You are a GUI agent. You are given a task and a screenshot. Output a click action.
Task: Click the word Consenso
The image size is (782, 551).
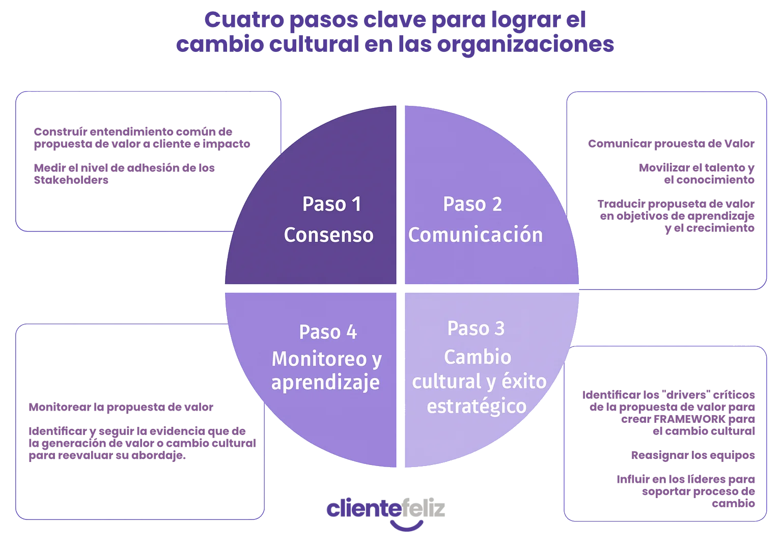[328, 235]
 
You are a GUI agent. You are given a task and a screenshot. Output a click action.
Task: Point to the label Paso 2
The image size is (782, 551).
[472, 204]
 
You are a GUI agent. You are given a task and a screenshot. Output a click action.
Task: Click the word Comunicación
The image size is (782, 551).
[476, 235]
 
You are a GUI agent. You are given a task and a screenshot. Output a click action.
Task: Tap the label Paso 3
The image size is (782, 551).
[476, 328]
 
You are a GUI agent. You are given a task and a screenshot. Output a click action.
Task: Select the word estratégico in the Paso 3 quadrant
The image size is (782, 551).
[477, 406]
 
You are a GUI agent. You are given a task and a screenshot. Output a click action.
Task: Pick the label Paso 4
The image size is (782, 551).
[328, 332]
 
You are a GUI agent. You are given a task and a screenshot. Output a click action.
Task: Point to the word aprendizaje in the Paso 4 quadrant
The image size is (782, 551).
[325, 383]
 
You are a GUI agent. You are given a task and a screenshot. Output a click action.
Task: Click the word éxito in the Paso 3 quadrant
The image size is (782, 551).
[524, 381]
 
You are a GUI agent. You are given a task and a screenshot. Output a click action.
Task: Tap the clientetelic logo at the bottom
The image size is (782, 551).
[386, 509]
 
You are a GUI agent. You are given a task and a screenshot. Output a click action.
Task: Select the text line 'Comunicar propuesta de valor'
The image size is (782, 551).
[671, 144]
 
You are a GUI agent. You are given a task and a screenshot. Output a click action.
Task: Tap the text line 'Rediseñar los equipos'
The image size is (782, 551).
[694, 455]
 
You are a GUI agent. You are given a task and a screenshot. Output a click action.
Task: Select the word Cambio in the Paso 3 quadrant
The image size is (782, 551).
[478, 357]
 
